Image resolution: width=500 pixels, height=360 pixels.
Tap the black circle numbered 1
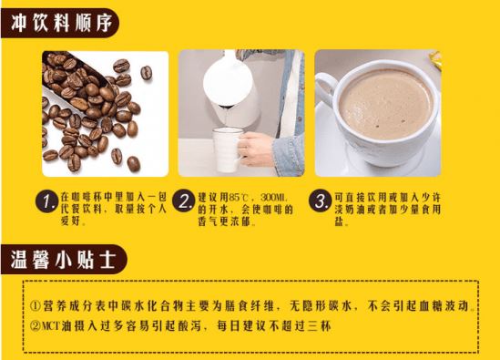pos(45,201)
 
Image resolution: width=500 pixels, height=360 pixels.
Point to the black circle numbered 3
pos(320,201)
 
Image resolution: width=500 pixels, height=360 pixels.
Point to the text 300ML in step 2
pos(275,196)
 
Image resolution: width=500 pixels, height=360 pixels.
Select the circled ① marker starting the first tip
pos(35,302)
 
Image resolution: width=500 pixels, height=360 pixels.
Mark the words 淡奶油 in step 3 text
pos(348,211)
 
